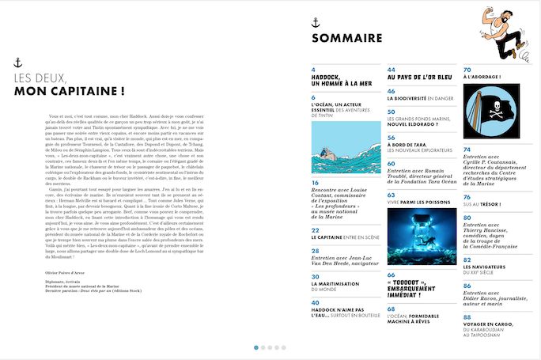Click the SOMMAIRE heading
pyautogui.click(x=346, y=38)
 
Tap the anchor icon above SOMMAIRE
pyautogui.click(x=316, y=21)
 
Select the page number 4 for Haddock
pyautogui.click(x=313, y=70)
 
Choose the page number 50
pyautogui.click(x=391, y=112)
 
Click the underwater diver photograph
pyautogui.click(x=422, y=236)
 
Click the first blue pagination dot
pyautogui.click(x=256, y=347)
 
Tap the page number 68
pyautogui.click(x=391, y=308)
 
